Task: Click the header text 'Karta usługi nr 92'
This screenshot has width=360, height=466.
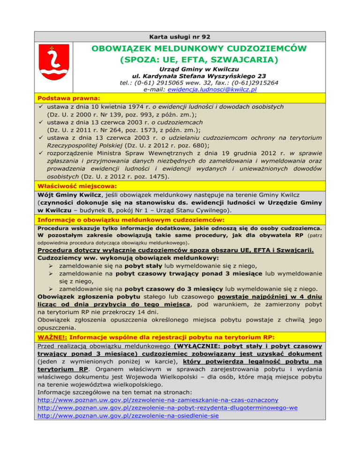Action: (180, 35)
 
